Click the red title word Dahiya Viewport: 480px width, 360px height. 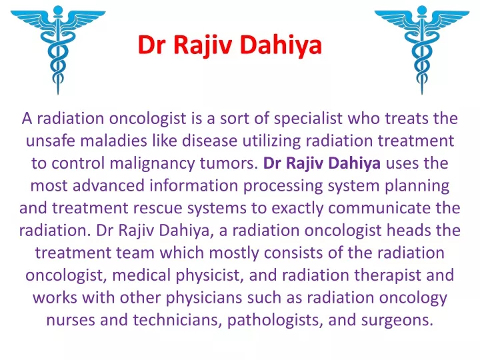click(x=281, y=45)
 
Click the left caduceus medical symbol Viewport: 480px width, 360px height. click(x=58, y=49)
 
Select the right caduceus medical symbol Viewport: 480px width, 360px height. click(x=422, y=49)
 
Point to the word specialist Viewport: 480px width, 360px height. click(x=308, y=119)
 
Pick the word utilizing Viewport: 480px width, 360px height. click(x=271, y=141)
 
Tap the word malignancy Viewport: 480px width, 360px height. click(x=152, y=164)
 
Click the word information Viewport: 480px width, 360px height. click(x=193, y=185)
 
